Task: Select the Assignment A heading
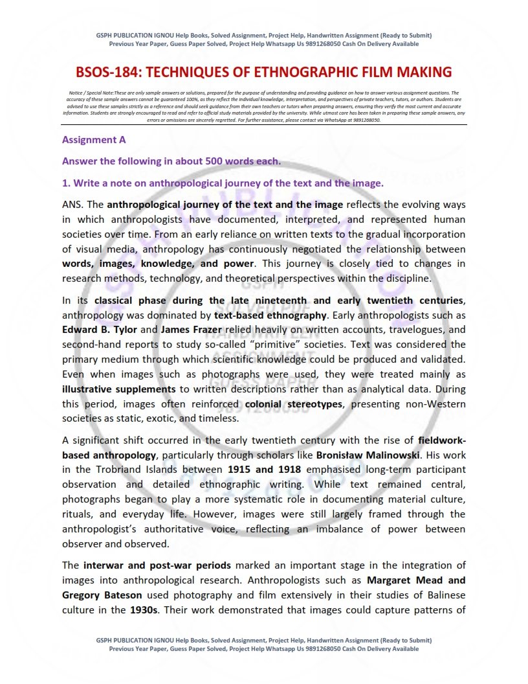tap(94, 139)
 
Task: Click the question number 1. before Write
tap(66, 183)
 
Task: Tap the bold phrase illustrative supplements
tap(119, 389)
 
